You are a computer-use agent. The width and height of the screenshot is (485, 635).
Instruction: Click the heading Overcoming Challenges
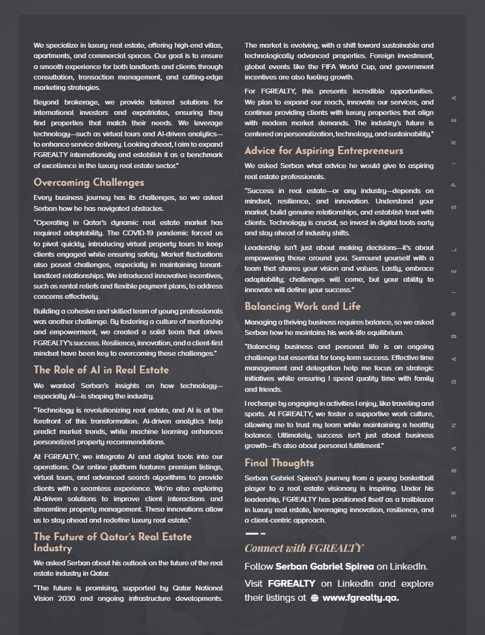89,183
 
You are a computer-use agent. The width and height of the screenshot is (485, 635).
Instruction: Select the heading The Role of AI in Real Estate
101,370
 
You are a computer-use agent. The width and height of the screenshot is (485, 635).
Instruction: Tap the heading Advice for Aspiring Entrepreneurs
324,151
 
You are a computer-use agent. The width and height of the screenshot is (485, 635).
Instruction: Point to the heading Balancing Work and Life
302,307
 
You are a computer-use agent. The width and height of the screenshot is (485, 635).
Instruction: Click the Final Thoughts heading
279,463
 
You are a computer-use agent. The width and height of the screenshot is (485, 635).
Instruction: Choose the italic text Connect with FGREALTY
304,548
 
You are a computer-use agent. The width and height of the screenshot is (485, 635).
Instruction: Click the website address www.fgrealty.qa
360,598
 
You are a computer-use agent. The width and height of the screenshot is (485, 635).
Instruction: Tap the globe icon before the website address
315,598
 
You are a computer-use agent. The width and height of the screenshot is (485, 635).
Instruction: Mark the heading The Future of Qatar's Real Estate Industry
112,543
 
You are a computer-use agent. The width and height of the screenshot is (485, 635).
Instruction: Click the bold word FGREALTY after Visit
292,584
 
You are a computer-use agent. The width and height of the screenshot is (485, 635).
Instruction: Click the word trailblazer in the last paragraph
411,499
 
